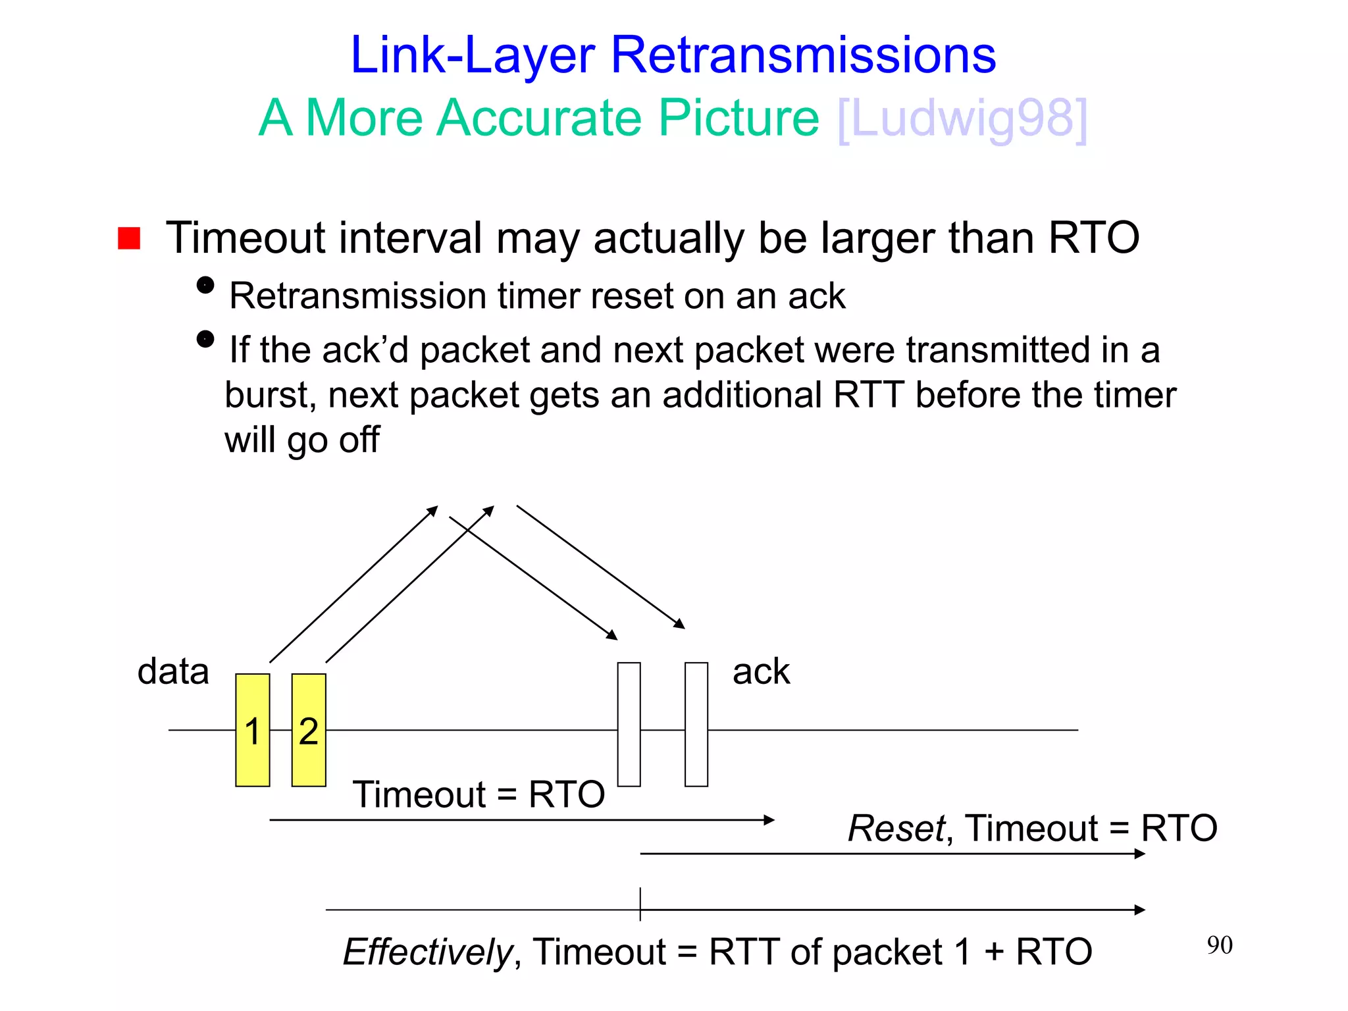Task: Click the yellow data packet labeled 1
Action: pos(252,730)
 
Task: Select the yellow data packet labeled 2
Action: pos(309,730)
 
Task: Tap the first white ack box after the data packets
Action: pos(629,724)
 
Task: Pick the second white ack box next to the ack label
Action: pos(696,724)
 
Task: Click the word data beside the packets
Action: pos(173,672)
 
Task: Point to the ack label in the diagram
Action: pos(761,672)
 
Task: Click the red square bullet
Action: pos(129,238)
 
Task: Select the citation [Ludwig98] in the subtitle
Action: pos(962,118)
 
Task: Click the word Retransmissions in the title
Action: pos(803,55)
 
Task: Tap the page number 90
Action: pos(1220,945)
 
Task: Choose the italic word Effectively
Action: pos(428,952)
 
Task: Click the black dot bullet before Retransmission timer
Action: pos(205,285)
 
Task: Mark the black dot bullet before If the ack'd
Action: pos(205,339)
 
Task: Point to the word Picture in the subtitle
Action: pos(739,118)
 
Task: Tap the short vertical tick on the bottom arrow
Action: pos(640,904)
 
